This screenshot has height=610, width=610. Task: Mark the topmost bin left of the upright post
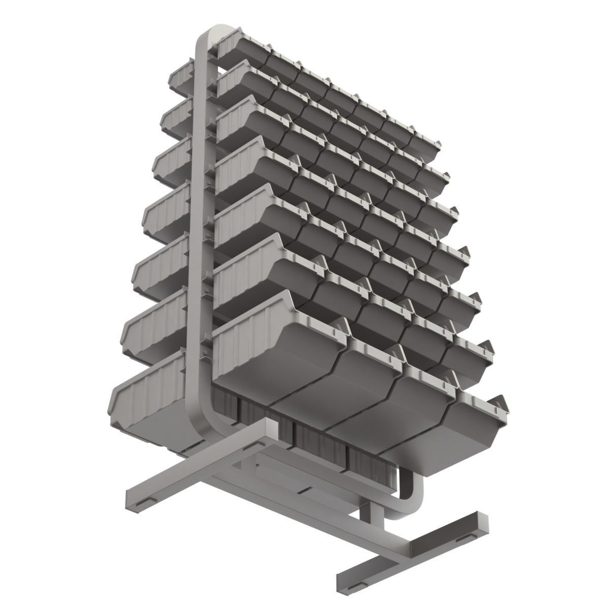[x=180, y=76]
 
